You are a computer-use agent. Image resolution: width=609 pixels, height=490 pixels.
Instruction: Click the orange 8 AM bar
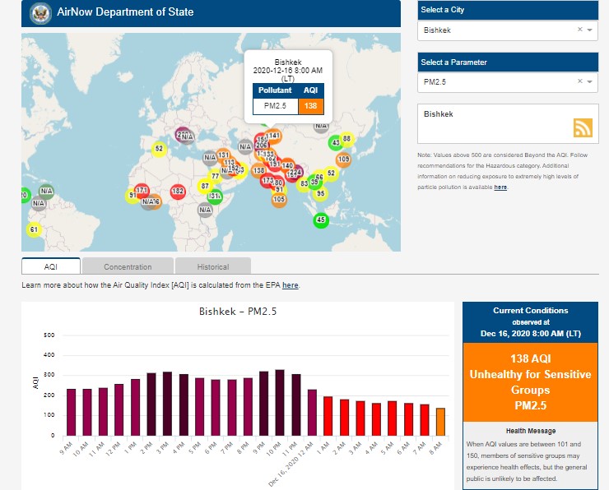pyautogui.click(x=440, y=422)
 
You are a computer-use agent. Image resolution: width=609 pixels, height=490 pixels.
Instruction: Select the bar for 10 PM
pyautogui.click(x=280, y=403)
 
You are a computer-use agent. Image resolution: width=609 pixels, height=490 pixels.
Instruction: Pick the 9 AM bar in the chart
pyautogui.click(x=72, y=412)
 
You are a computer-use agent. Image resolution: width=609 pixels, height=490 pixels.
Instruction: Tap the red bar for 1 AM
pyautogui.click(x=328, y=416)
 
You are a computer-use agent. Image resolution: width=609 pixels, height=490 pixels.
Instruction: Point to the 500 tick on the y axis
pyautogui.click(x=49, y=335)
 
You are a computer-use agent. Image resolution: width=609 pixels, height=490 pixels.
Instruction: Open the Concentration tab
pyautogui.click(x=128, y=266)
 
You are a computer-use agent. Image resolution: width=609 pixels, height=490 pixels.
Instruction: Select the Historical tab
pyautogui.click(x=213, y=266)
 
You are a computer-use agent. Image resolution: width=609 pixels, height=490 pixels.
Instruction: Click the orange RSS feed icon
pyautogui.click(x=583, y=127)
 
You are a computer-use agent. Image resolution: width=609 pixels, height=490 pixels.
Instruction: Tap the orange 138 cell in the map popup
pyautogui.click(x=310, y=105)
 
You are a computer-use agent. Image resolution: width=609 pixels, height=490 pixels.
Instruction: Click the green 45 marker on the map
pyautogui.click(x=321, y=220)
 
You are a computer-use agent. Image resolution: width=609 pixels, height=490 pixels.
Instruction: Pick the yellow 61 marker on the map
pyautogui.click(x=34, y=229)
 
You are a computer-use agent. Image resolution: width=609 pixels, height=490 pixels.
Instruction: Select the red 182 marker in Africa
pyautogui.click(x=177, y=191)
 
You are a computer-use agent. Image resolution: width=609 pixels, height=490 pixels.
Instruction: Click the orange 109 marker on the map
pyautogui.click(x=343, y=159)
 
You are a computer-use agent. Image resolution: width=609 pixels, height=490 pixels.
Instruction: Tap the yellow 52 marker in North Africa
pyautogui.click(x=159, y=148)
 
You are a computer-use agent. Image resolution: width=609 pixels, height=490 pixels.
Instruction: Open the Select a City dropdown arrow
pyautogui.click(x=589, y=30)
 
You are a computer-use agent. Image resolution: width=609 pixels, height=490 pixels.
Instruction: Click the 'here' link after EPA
pyautogui.click(x=290, y=285)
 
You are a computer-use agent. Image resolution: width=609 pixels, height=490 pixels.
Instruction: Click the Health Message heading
pyautogui.click(x=530, y=431)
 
